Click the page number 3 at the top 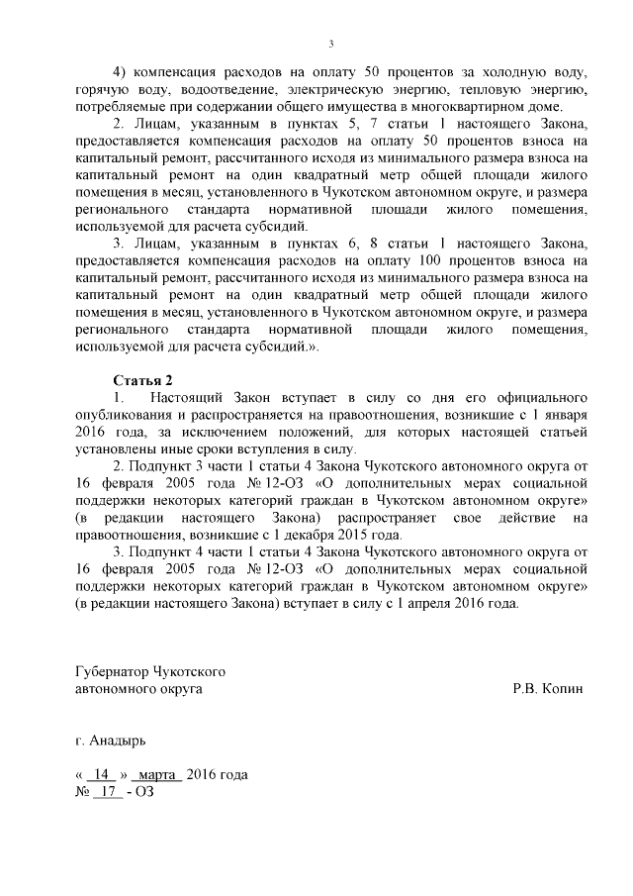[x=331, y=44]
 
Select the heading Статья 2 [x=143, y=380]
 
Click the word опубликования [x=126, y=415]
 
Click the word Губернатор [x=113, y=671]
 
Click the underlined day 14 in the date [x=100, y=774]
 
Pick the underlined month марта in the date [x=156, y=774]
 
